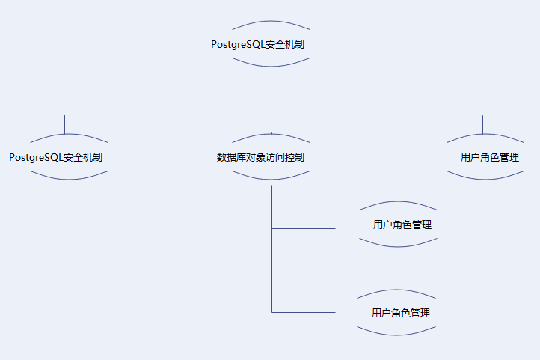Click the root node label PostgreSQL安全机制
coord(257,44)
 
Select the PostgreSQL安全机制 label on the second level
coord(56,158)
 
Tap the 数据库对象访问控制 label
coord(260,158)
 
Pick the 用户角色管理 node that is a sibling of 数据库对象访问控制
coord(490,158)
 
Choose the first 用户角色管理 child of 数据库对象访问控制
coord(402,225)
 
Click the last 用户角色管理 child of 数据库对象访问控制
coord(401,312)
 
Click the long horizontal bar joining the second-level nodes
coord(165,115)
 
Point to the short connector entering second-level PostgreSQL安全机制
coord(65,125)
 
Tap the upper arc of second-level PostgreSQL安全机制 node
coord(69,135)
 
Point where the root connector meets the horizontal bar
coord(271,115)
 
